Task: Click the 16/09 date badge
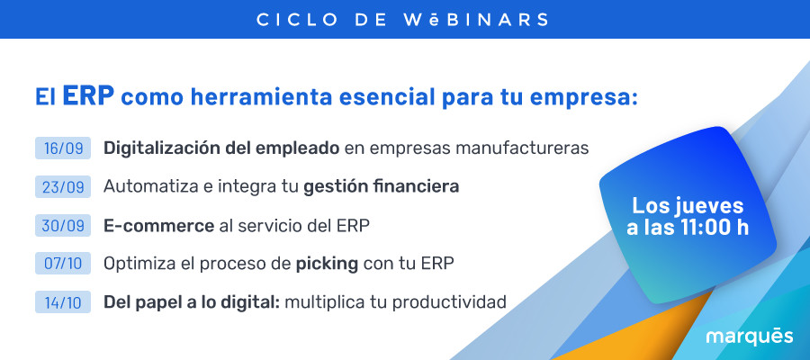(x=63, y=148)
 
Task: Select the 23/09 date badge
(x=63, y=186)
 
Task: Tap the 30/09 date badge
(x=63, y=225)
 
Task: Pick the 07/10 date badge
(x=63, y=264)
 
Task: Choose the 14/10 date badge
(x=63, y=302)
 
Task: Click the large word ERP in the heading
(x=88, y=96)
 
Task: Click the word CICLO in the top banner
(x=297, y=20)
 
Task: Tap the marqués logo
(x=750, y=337)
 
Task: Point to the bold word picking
(x=327, y=265)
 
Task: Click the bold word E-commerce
(x=158, y=226)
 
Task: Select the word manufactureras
(x=522, y=148)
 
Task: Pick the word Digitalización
(x=163, y=148)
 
